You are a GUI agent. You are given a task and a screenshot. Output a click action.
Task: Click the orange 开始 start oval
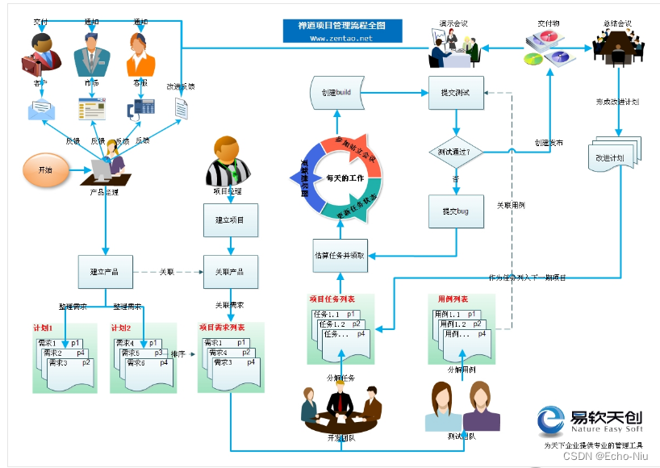[x=44, y=170]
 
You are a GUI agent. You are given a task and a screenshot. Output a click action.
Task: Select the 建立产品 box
[x=105, y=272]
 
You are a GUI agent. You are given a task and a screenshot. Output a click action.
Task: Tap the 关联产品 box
[x=230, y=272]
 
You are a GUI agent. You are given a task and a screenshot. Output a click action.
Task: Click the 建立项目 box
[x=230, y=219]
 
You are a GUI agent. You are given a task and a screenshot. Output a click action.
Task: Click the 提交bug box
[x=456, y=211]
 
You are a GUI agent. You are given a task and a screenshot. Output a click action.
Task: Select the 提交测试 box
[x=456, y=93]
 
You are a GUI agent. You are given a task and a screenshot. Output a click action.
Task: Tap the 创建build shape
[x=334, y=93]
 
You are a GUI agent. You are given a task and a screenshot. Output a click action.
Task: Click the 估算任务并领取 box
[x=340, y=255]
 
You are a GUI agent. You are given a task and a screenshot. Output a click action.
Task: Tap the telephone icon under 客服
[x=142, y=107]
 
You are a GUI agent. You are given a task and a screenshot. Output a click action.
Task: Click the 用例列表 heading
[x=453, y=299]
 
